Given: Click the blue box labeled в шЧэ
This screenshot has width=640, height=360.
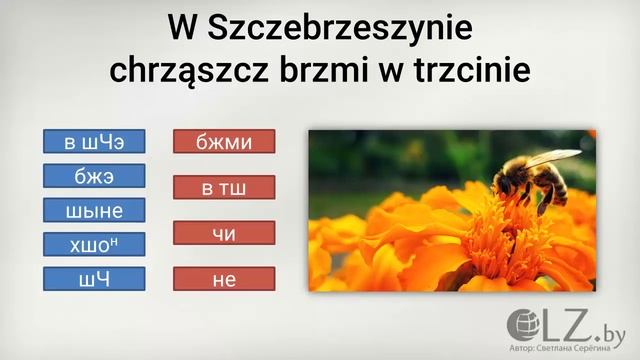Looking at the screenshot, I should [95, 142].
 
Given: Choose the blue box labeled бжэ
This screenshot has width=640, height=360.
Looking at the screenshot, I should [95, 177].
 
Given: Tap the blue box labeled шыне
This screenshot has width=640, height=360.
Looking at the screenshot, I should [95, 211].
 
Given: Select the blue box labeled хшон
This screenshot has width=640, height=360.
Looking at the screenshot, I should [95, 245].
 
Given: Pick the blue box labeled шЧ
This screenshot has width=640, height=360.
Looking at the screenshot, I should [95, 279].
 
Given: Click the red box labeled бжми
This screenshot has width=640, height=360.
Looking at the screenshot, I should [225, 142].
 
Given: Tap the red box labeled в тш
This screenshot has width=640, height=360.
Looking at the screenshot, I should [225, 187].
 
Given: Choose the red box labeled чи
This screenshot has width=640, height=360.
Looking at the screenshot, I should [225, 233].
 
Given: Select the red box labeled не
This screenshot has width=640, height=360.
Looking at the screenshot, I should [225, 279].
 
